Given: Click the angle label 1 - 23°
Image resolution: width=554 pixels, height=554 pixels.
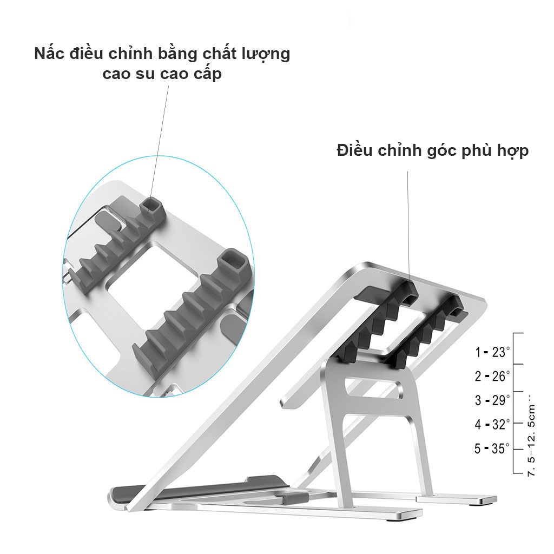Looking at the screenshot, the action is (492, 352).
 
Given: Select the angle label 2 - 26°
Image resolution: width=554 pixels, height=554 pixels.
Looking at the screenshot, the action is (492, 376).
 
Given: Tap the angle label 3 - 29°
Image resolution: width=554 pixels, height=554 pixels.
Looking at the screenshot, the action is (492, 400).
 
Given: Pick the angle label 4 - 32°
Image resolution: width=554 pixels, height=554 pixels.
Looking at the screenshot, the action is (492, 424).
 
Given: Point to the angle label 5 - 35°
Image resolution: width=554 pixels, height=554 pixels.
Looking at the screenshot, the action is (492, 448).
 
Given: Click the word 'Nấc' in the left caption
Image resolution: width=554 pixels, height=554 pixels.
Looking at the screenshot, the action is (49, 54).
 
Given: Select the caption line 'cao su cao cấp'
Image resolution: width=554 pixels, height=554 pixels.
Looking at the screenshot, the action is (162, 74).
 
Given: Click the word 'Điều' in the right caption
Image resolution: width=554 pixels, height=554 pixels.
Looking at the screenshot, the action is (355, 150).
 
